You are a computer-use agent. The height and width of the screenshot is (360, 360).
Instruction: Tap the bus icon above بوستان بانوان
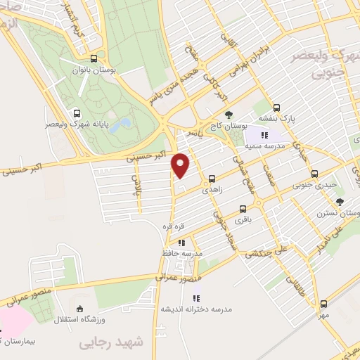coord(94,59)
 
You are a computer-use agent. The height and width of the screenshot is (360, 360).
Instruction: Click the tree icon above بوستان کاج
coord(227,115)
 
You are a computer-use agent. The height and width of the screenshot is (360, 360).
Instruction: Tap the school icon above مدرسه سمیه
coord(264,135)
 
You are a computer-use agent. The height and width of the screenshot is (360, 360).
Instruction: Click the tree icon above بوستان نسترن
coord(340,202)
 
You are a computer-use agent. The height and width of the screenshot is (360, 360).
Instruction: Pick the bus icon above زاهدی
coord(212,179)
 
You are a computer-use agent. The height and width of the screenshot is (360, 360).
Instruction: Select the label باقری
coord(243,219)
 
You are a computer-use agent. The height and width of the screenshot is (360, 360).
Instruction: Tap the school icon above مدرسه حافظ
coord(181,243)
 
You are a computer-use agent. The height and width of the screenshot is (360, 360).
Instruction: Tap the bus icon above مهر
coord(323,304)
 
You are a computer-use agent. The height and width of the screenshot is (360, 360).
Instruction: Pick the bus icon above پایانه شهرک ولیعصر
coord(77,112)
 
